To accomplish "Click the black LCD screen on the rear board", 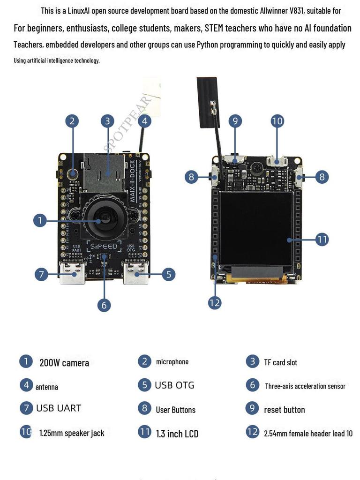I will click(256, 228).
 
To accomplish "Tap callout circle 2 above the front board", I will click(72, 121).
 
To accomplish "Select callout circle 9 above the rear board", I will click(235, 121).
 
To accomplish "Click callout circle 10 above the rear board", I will click(277, 121).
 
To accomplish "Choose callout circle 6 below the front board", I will click(104, 305).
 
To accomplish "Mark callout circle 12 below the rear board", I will click(215, 303).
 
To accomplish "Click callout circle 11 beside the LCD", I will click(322, 240).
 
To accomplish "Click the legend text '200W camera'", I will click(64, 363).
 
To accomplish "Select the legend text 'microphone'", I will click(172, 362).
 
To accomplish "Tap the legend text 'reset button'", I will click(284, 410).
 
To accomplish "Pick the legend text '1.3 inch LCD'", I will click(177, 434).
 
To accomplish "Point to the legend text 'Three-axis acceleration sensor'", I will click(305, 386).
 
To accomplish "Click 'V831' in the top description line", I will click(294, 10).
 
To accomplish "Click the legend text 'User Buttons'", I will click(175, 410).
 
